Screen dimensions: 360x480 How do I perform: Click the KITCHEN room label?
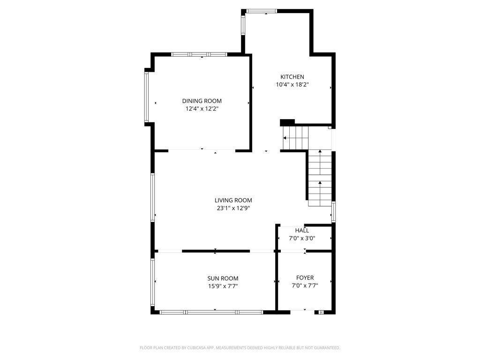292,77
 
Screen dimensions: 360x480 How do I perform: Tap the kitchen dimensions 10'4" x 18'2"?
292,85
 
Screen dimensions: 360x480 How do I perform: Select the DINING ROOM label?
202,101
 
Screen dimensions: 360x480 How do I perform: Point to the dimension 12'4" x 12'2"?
202,109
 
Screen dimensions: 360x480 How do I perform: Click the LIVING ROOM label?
233,200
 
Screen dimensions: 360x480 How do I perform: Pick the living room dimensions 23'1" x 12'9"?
233,208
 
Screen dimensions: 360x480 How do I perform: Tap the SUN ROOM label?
223,278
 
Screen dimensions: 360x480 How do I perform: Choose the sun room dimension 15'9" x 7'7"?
223,286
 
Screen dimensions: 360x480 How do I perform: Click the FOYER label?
305,278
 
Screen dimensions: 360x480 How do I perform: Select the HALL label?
302,230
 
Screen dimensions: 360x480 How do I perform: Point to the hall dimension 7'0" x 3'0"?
302,238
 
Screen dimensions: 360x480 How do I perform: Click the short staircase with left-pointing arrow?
295,138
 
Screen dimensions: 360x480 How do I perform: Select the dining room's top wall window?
199,54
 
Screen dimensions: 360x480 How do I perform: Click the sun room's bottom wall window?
211,312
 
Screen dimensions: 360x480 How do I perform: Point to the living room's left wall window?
152,197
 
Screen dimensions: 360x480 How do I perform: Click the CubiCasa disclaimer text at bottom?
240,348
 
